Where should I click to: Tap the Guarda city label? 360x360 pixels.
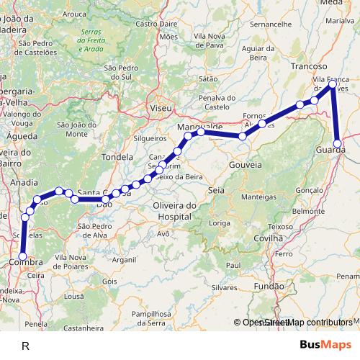point(330,150)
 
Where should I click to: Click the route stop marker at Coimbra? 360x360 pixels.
point(22,256)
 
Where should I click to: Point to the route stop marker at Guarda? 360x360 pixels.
point(338,143)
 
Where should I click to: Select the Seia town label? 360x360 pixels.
point(216,190)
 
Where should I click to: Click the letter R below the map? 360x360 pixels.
point(25,346)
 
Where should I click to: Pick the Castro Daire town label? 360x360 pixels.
point(156,24)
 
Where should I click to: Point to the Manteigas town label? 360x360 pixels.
point(259,197)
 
